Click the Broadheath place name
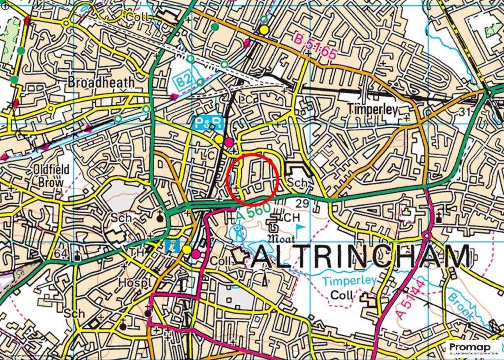pos(101,81)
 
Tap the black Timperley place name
pos(373,109)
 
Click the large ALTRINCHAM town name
pos(361,257)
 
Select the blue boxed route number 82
pos(183,80)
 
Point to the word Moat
pos(281,238)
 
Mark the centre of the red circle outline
pos(253,178)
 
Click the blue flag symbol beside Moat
pos(300,228)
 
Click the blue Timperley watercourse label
pos(350,281)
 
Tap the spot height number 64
pos(61,254)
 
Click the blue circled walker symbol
pos(238,230)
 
